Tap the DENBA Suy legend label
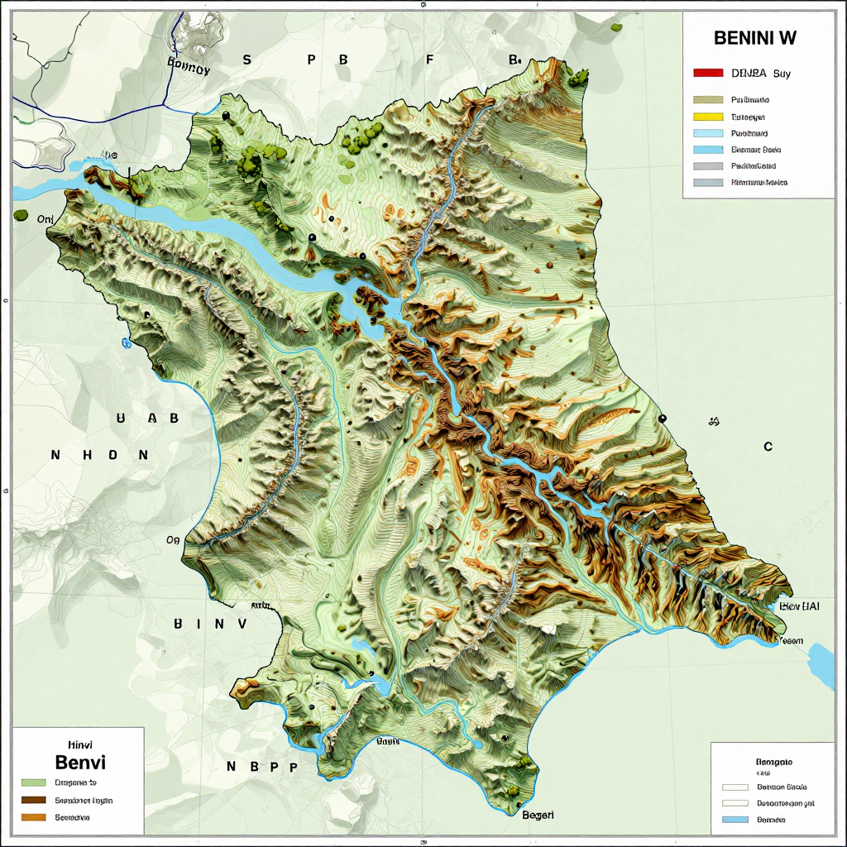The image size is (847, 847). (761, 74)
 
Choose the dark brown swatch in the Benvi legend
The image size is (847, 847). (33, 800)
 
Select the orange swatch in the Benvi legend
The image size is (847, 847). (33, 817)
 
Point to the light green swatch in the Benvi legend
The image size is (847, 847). (33, 782)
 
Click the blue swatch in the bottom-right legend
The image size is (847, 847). (735, 820)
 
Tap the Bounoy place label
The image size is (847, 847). (189, 70)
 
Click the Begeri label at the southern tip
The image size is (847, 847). (538, 815)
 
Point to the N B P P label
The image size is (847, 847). (261, 767)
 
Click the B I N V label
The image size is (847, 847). (210, 624)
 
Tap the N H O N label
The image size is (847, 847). (99, 455)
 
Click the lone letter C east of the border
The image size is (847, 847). (768, 447)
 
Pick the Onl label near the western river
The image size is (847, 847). (45, 219)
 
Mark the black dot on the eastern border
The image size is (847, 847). (663, 419)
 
